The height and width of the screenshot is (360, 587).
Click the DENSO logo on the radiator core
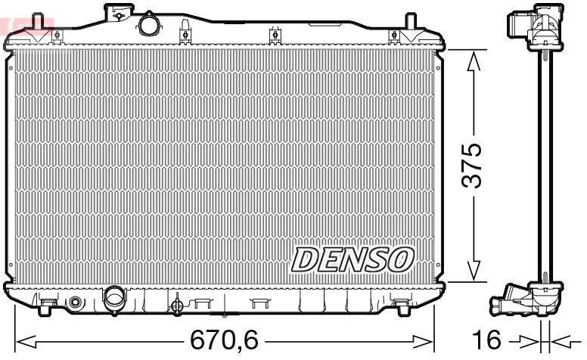353,259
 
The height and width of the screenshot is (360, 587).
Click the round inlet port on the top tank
150,25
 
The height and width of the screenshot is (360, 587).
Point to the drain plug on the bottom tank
177,306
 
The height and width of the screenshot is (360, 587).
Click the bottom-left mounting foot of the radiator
47,306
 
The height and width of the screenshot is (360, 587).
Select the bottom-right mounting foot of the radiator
401,306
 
